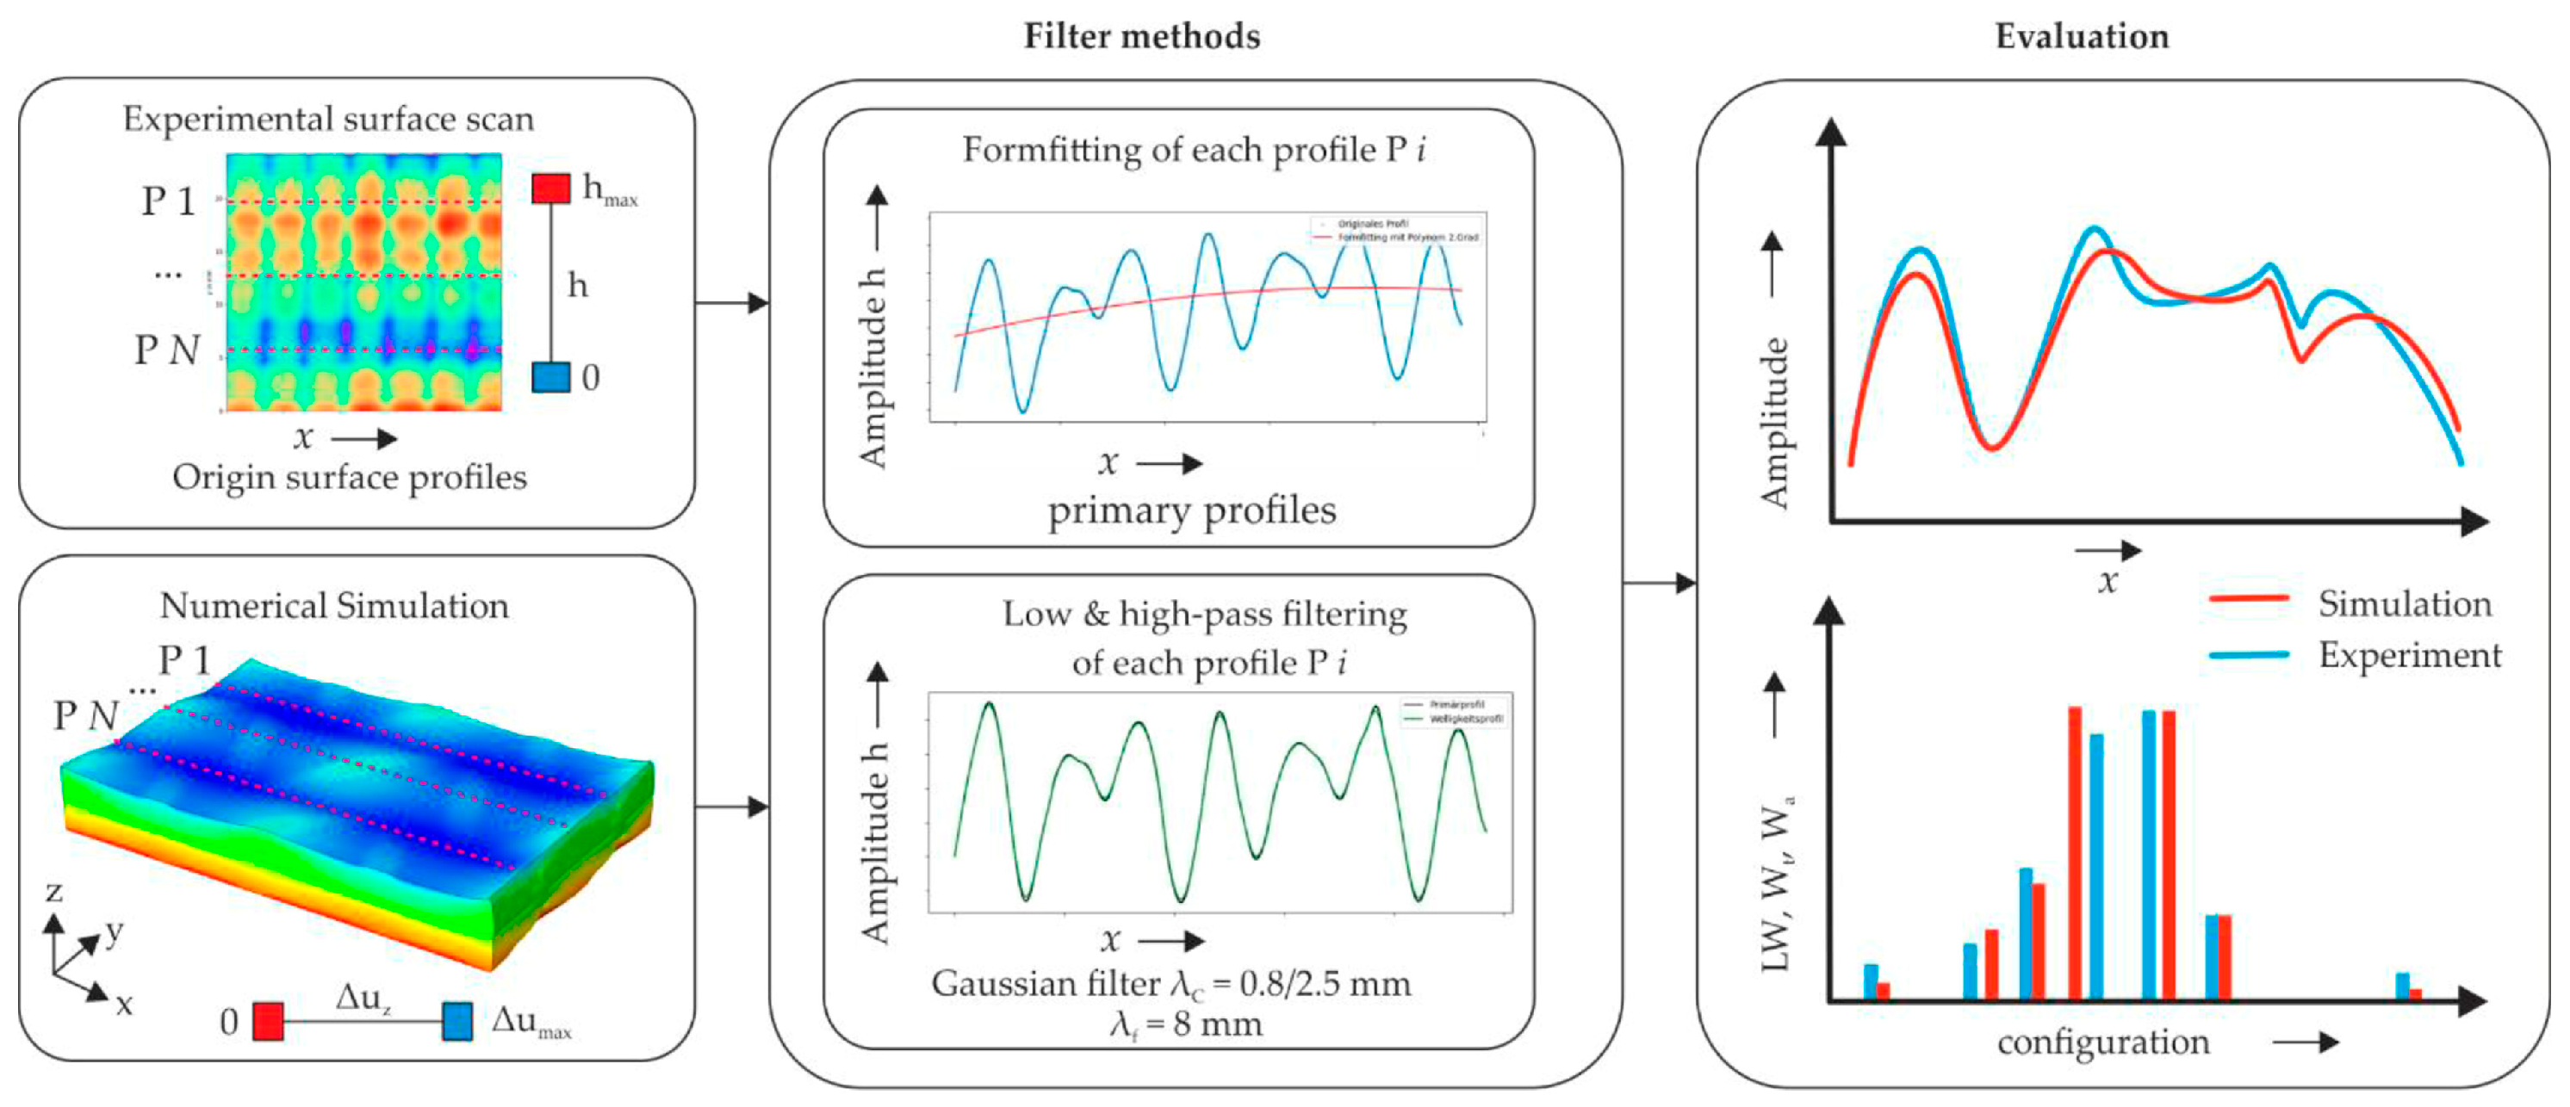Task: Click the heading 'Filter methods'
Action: click(1141, 36)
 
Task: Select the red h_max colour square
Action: click(550, 188)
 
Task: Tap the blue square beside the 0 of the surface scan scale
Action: click(550, 377)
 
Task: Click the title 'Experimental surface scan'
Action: click(328, 119)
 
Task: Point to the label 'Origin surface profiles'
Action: click(349, 477)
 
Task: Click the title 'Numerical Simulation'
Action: click(334, 605)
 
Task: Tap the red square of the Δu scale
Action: click(267, 1021)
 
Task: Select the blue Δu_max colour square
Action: click(457, 1021)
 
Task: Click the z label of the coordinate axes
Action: click(54, 891)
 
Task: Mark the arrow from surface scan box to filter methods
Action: click(732, 302)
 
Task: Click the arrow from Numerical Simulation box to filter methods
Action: click(732, 806)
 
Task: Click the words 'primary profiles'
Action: click(1191, 510)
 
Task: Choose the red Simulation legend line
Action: click(2249, 598)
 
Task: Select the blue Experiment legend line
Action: click(2249, 654)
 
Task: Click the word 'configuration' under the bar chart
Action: click(2103, 1042)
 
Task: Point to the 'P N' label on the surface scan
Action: click(166, 350)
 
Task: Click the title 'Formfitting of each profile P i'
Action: click(1193, 150)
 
